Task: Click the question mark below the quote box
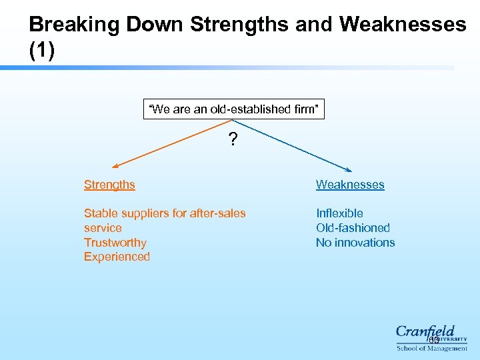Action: tap(232, 139)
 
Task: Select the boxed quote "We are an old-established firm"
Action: tap(233, 109)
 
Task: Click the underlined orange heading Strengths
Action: tap(109, 185)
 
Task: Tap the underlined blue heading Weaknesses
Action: tap(350, 185)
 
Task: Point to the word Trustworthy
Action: tap(115, 243)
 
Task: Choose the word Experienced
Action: tap(117, 257)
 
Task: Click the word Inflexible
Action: tap(339, 213)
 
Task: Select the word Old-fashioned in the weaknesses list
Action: tap(353, 228)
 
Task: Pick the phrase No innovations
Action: tap(355, 243)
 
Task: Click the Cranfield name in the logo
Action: tap(425, 331)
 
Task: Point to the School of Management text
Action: tap(431, 348)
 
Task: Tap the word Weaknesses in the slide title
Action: tap(402, 25)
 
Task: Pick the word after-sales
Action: tap(218, 213)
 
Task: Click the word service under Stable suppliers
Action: tap(103, 228)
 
